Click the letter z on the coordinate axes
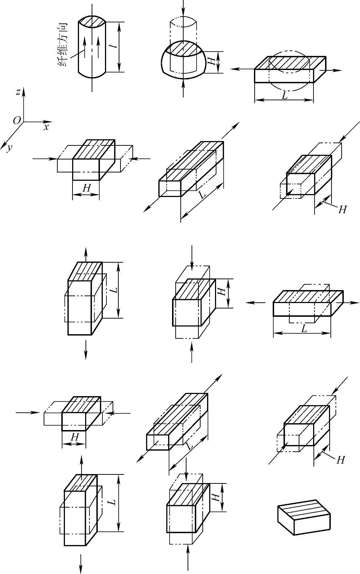click(17, 92)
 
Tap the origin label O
click(17, 121)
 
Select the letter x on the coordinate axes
click(46, 127)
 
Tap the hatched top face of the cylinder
click(92, 21)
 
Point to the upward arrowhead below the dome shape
click(184, 83)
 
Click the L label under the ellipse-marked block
click(285, 96)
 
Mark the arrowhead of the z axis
click(24, 91)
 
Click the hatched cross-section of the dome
click(184, 48)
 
